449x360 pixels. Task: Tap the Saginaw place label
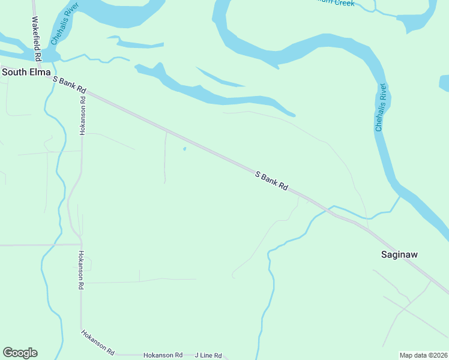[399, 254]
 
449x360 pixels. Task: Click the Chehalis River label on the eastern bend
[381, 108]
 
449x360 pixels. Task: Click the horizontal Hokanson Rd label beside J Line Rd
[163, 355]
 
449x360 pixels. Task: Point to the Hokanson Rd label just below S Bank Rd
[83, 115]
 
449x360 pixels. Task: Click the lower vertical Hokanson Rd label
[80, 270]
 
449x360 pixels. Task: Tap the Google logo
[20, 353]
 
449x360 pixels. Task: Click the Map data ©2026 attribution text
[423, 355]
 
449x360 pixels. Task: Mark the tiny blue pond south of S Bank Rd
[184, 149]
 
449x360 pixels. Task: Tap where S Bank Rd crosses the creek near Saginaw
[328, 211]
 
